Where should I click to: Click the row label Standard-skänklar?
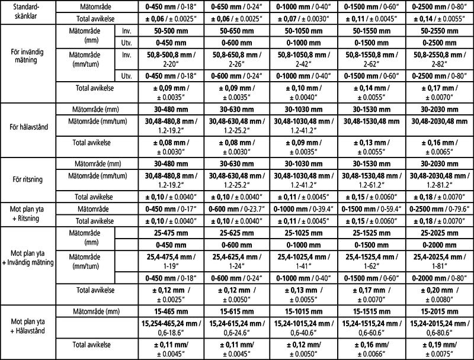(x=27, y=11)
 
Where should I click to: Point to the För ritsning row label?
(x=27, y=177)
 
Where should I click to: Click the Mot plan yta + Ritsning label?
(x=27, y=214)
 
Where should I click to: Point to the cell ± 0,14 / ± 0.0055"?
(x=440, y=18)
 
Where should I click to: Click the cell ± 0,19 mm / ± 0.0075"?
(x=440, y=348)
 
